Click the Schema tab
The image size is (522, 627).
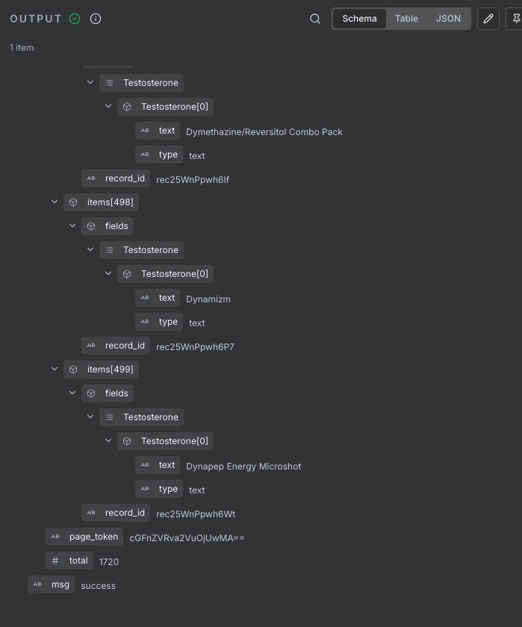coord(359,19)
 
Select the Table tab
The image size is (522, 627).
coord(406,19)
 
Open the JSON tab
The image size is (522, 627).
coord(448,19)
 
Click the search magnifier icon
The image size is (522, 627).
coord(315,19)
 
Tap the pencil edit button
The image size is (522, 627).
coord(488,19)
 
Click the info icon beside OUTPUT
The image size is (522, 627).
coord(96,19)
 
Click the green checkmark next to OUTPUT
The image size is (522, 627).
coord(75,19)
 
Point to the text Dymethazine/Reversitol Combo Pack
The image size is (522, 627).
coord(264,132)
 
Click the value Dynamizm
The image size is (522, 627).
coord(208,299)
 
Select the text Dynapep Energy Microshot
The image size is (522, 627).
coord(243,467)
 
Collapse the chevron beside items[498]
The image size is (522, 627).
coord(55,202)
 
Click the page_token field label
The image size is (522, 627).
coord(93,537)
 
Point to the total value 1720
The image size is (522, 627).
coord(109,561)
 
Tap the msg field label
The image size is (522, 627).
coord(60,584)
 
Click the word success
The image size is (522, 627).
coord(98,586)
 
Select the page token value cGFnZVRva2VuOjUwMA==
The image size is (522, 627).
coord(187,538)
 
